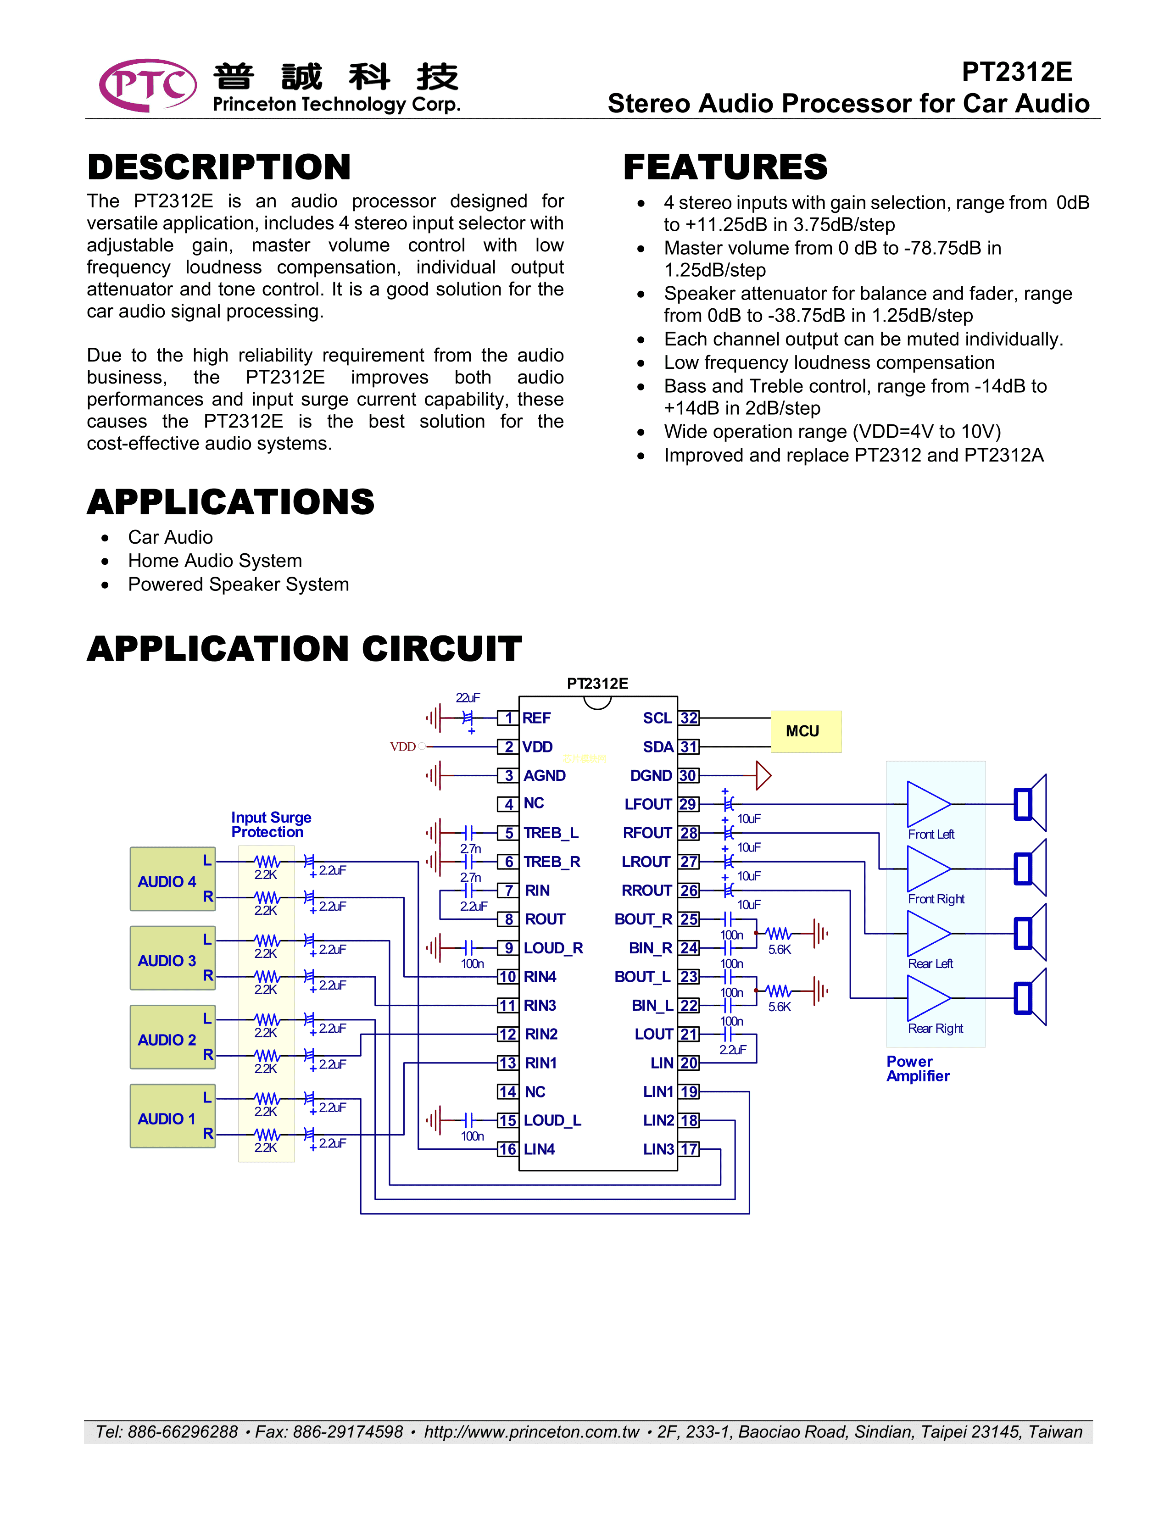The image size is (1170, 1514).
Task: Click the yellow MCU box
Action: click(805, 731)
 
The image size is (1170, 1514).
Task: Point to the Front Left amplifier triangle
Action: click(927, 804)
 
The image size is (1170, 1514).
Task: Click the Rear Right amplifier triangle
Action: click(927, 998)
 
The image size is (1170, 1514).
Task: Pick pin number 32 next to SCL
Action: click(688, 718)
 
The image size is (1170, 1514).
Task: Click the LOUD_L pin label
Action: click(552, 1120)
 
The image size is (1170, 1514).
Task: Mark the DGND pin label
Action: click(651, 776)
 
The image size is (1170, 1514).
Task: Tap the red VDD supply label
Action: click(403, 746)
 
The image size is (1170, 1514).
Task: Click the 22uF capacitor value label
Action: click(468, 697)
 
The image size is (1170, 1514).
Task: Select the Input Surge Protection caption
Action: click(271, 825)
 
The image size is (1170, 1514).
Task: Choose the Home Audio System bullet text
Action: click(215, 561)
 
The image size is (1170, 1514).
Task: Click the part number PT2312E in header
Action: click(1016, 72)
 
